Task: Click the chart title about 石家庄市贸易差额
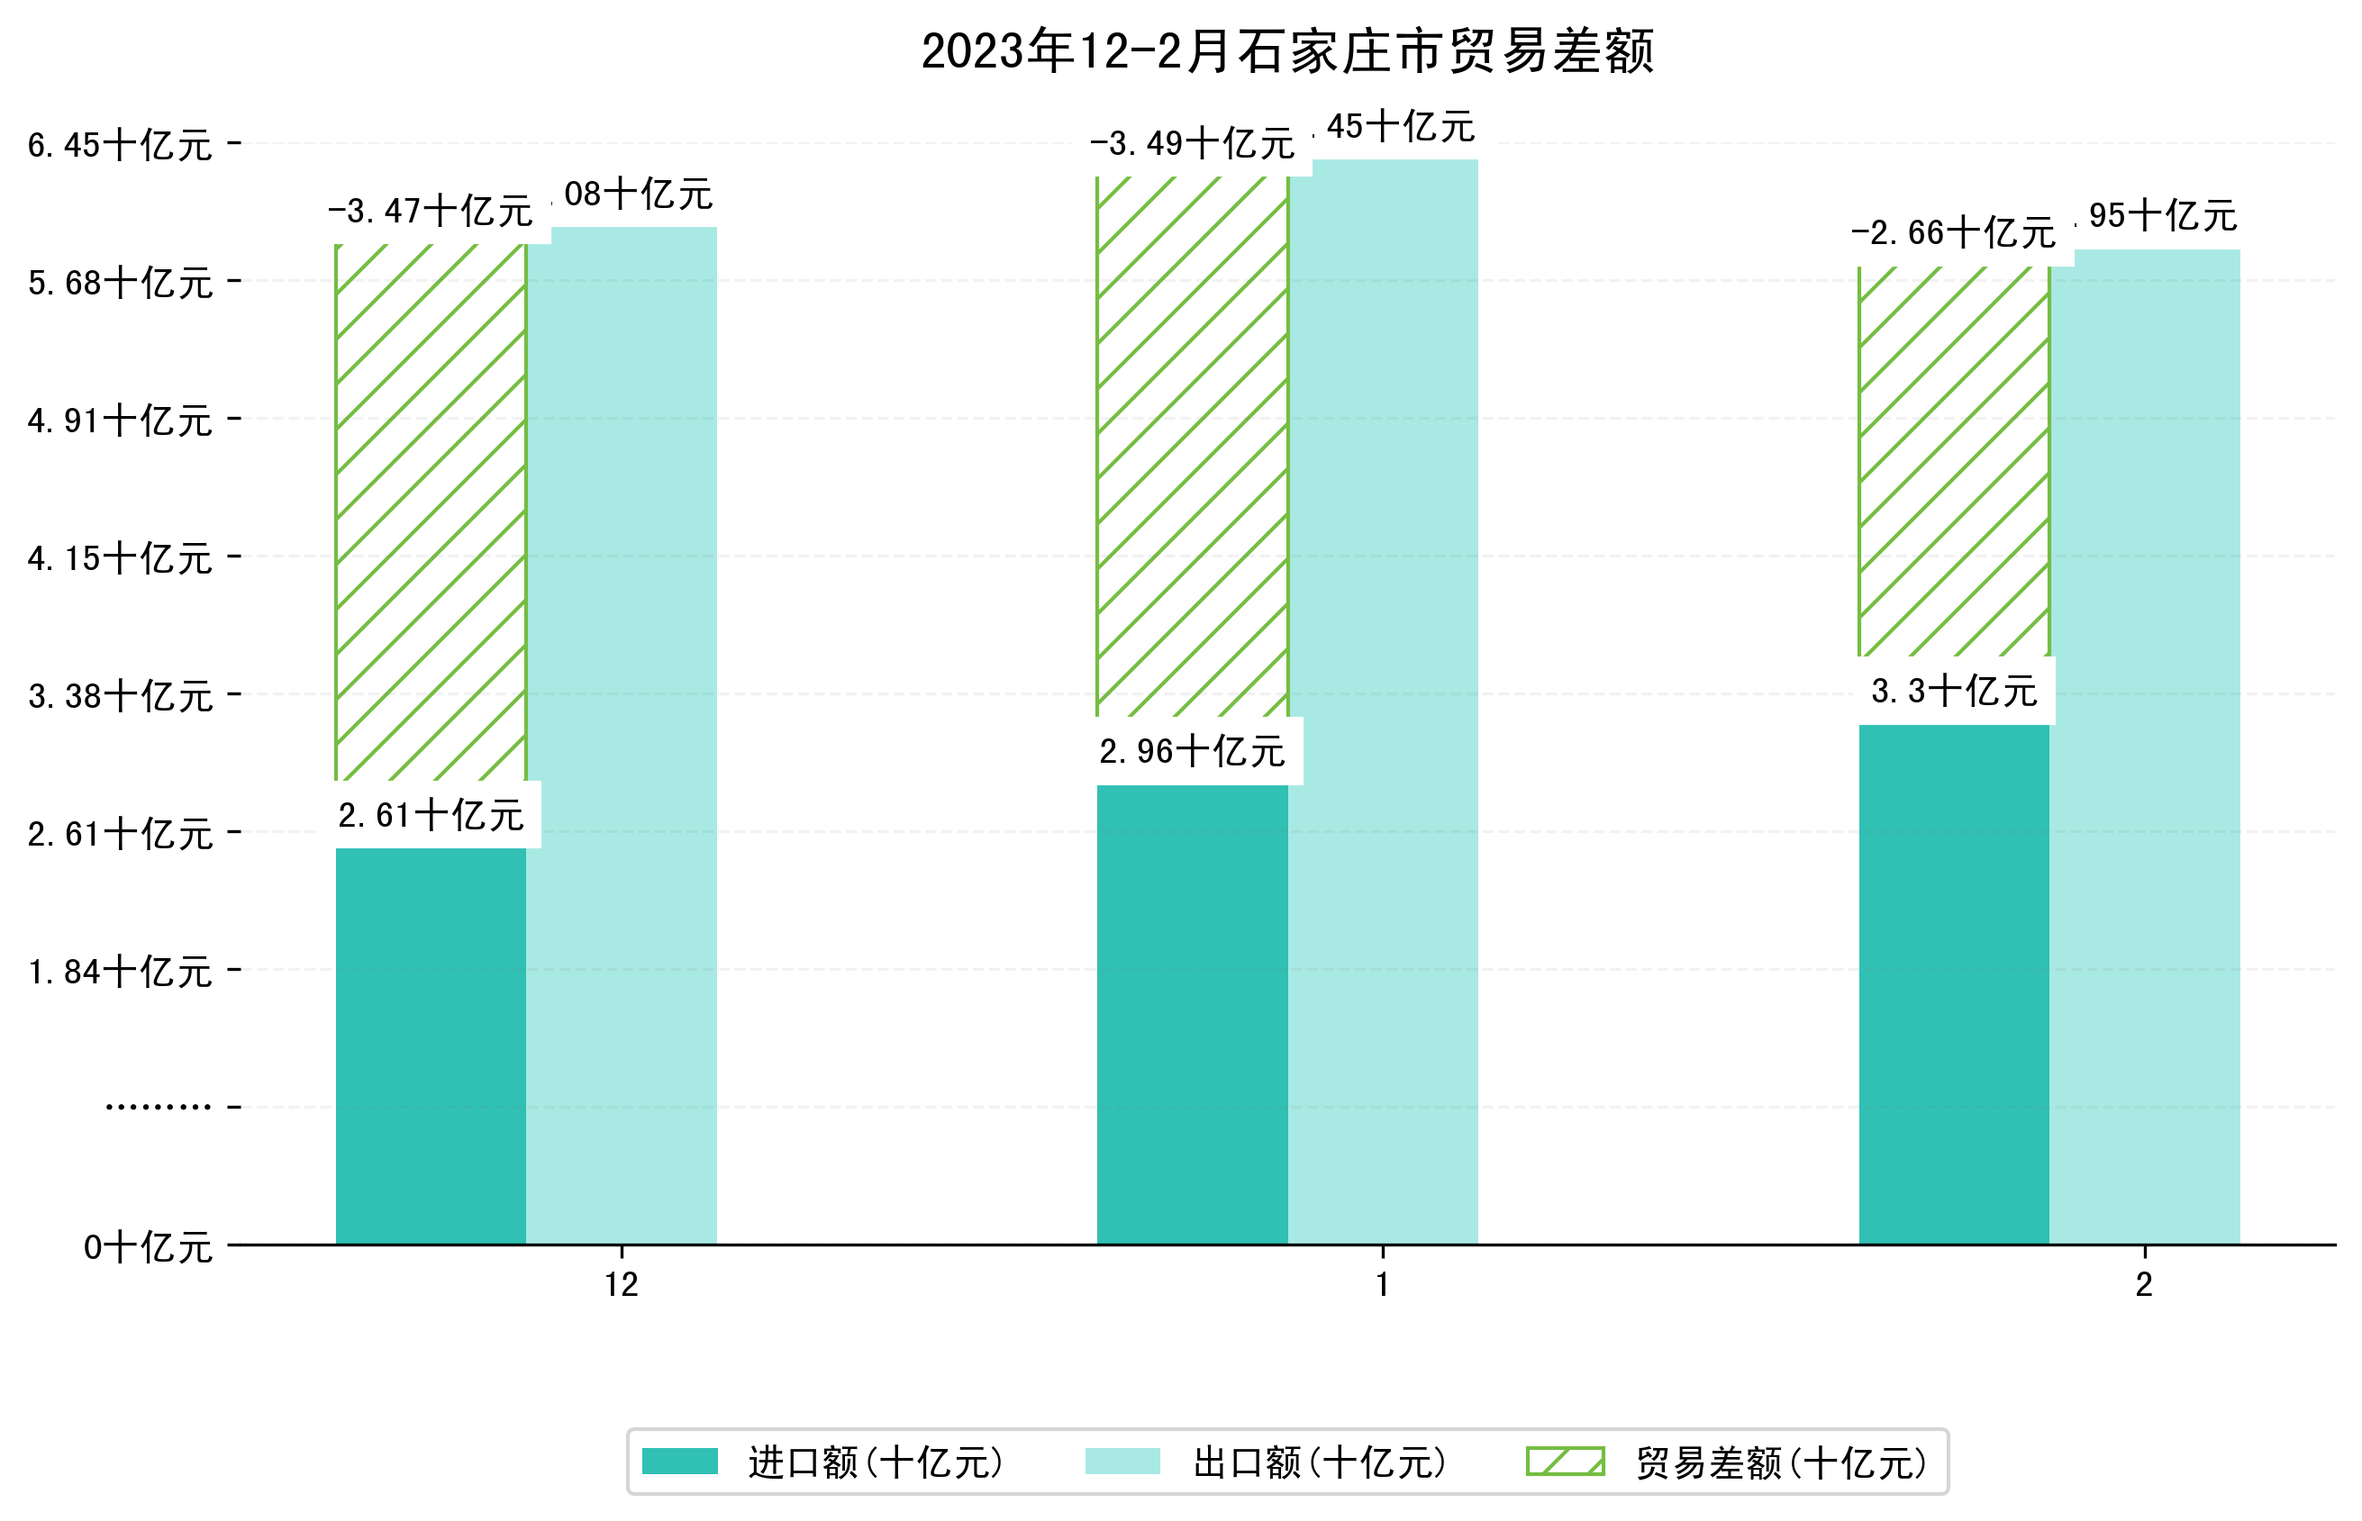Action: coord(1286,51)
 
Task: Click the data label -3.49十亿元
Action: coord(1192,144)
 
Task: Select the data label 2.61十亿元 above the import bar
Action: coord(431,816)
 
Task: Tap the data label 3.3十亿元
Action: coord(1953,692)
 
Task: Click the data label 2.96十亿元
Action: coord(1192,752)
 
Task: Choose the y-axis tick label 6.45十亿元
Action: coord(120,145)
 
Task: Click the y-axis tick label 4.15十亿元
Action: coord(120,559)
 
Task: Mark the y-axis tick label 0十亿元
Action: coord(147,1247)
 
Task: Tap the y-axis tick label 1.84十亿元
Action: coord(120,972)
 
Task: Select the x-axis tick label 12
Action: coord(622,1285)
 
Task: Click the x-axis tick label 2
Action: coord(2144,1285)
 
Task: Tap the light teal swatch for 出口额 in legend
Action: coord(1122,1462)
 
